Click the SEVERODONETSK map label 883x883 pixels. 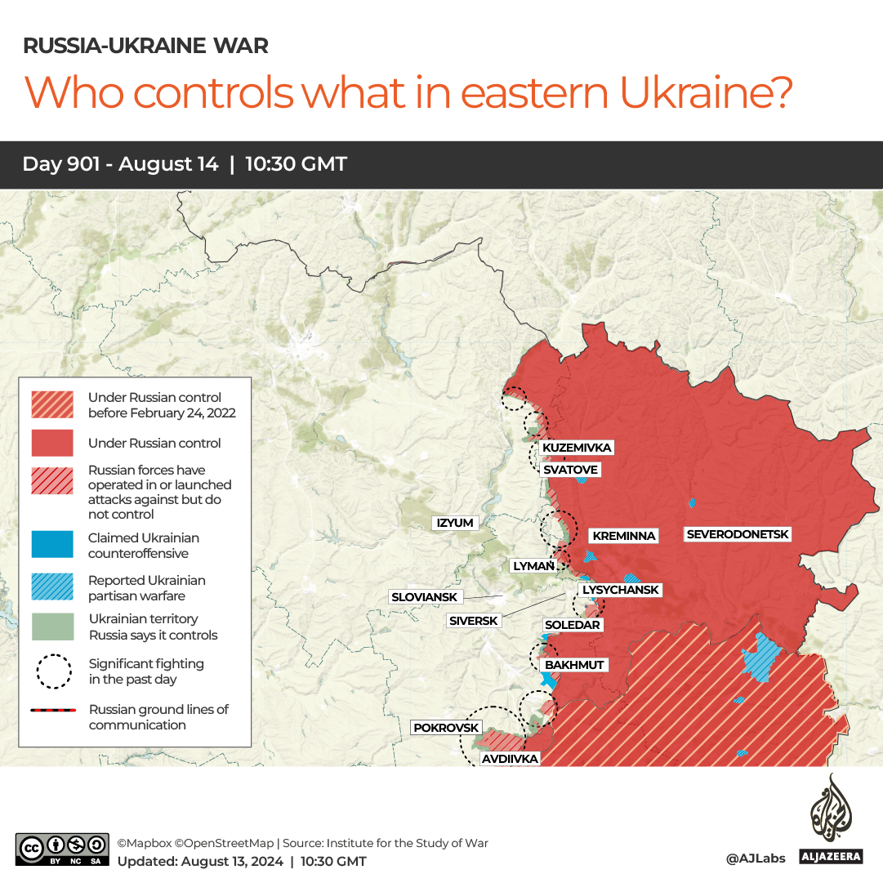[x=738, y=534]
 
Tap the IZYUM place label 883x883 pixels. [x=455, y=523]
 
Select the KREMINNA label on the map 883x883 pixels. [x=624, y=536]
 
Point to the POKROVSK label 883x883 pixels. [x=446, y=728]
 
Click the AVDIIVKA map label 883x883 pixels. [x=510, y=759]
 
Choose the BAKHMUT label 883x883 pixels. [x=574, y=665]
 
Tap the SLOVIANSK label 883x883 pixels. [x=424, y=597]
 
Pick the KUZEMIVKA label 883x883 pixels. [x=577, y=448]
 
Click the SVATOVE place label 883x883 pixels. [x=570, y=470]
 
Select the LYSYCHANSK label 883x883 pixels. [x=620, y=590]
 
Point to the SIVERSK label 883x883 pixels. [x=473, y=621]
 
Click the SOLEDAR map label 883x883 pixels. [x=572, y=625]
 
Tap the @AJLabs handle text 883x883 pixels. [x=755, y=858]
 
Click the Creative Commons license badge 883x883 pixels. [x=62, y=848]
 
